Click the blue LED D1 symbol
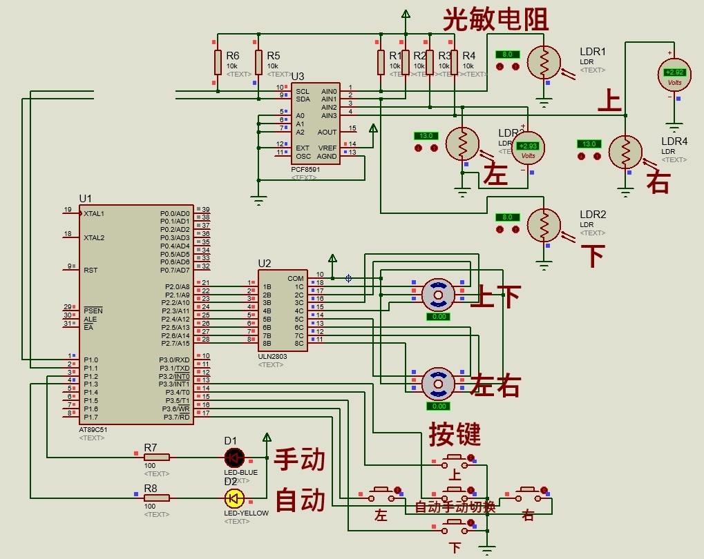pyautogui.click(x=235, y=457)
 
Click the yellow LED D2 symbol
pyautogui.click(x=235, y=498)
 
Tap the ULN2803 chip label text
pyautogui.click(x=272, y=356)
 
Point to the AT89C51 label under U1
pyautogui.click(x=93, y=429)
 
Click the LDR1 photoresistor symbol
pyautogui.click(x=544, y=63)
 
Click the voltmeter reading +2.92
pyautogui.click(x=674, y=72)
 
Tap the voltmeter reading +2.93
pyautogui.click(x=528, y=147)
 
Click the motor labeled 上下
pyautogui.click(x=437, y=295)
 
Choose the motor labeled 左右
pyautogui.click(x=437, y=383)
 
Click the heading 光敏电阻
pyautogui.click(x=495, y=19)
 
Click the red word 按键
pyautogui.click(x=455, y=434)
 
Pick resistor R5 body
pyautogui.click(x=258, y=62)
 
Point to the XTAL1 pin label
pyautogui.click(x=94, y=214)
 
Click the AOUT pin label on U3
pyautogui.click(x=327, y=132)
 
